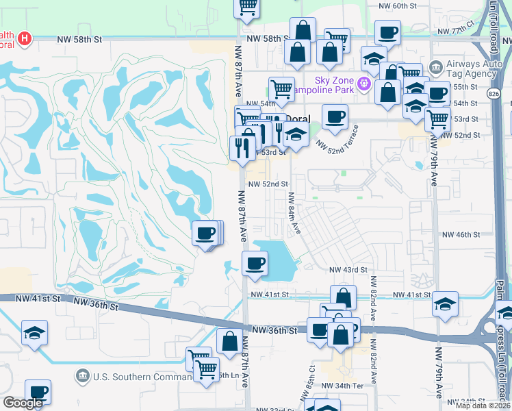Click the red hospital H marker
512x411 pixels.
click(25, 38)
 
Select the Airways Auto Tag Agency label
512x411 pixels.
click(472, 69)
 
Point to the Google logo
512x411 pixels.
click(23, 403)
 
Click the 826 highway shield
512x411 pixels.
click(494, 91)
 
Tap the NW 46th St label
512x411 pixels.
click(461, 235)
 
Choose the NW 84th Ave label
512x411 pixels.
click(293, 212)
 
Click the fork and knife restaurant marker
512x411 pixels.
click(242, 148)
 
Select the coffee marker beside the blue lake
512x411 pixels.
click(255, 263)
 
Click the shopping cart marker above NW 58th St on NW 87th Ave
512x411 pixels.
click(247, 7)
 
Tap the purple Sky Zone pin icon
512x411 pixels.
click(364, 85)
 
